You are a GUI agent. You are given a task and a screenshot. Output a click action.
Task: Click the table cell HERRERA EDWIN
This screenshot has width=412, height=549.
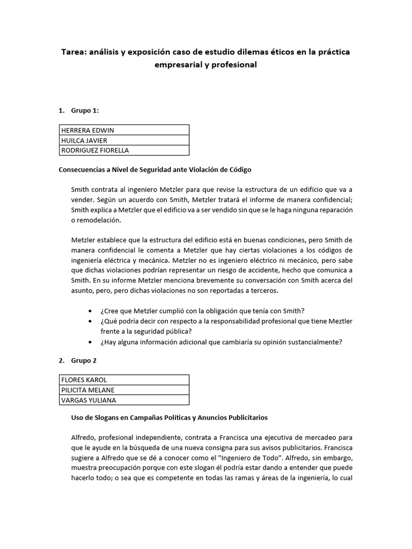[x=88, y=130]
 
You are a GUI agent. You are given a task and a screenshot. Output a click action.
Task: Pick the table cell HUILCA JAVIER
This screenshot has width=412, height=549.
[x=84, y=140]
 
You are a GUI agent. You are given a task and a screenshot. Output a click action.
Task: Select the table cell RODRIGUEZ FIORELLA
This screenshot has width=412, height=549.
[x=95, y=150]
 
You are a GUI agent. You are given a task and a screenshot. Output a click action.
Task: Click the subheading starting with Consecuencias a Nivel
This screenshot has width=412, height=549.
[x=154, y=169]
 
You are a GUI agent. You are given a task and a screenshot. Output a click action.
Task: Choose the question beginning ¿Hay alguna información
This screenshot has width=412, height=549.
[x=221, y=342]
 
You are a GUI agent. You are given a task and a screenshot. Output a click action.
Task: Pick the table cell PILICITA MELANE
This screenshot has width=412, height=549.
[x=88, y=390]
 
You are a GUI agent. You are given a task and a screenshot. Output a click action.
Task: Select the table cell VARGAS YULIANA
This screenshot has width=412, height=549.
[x=89, y=400]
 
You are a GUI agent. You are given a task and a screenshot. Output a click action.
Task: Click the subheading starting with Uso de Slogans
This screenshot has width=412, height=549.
[x=170, y=417]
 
